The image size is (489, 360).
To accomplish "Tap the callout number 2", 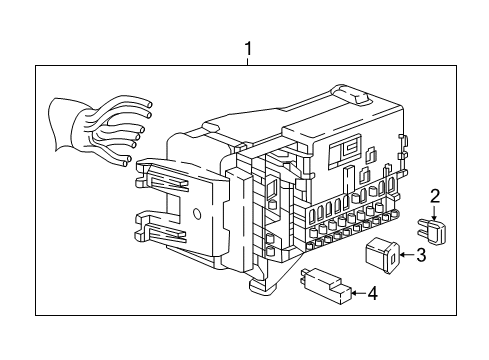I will pyautogui.click(x=435, y=196).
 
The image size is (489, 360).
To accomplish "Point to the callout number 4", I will pyautogui.click(x=371, y=294).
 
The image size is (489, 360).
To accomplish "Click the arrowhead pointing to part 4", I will pyautogui.click(x=353, y=294).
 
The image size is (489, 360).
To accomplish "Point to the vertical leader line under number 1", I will pyautogui.click(x=246, y=59).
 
